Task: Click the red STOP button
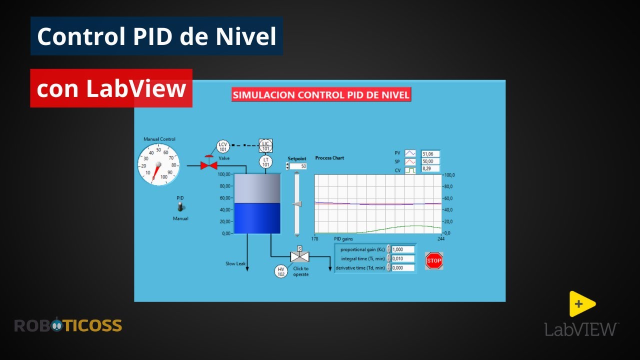click(434, 260)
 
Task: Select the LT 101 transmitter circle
click(265, 162)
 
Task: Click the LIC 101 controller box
click(265, 145)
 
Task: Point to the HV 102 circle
click(281, 271)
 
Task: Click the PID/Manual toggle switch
click(180, 207)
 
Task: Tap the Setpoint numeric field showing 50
click(298, 166)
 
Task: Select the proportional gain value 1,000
click(403, 249)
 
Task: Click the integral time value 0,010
click(403, 258)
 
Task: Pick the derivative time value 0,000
click(403, 267)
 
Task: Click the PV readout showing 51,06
click(430, 153)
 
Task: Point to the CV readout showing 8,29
click(430, 168)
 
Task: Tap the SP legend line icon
click(410, 161)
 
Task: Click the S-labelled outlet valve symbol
click(299, 256)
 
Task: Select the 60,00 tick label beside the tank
click(225, 197)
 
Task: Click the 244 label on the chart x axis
click(441, 238)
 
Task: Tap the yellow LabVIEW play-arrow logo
click(581, 304)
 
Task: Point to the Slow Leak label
click(235, 263)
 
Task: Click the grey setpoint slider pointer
click(297, 203)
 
